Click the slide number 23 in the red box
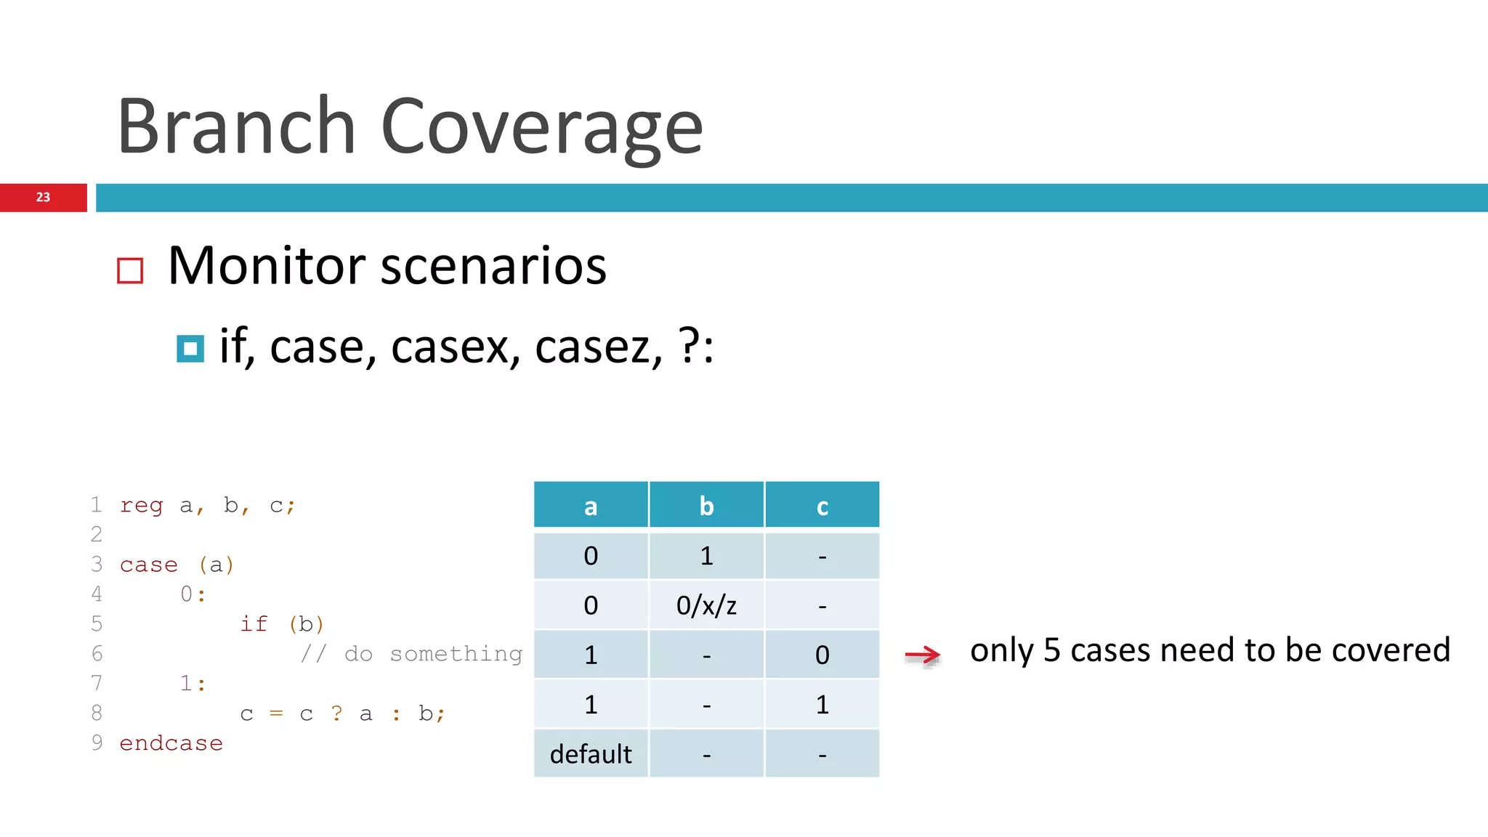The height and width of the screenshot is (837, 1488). (x=43, y=197)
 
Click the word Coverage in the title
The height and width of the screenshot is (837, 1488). (x=541, y=128)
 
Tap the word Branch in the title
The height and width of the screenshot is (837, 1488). (x=236, y=126)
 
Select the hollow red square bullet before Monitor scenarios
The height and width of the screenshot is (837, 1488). (x=130, y=270)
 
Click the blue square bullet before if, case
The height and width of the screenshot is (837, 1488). (x=190, y=349)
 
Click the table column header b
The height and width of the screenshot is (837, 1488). (x=706, y=506)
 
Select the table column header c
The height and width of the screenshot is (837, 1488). (x=822, y=506)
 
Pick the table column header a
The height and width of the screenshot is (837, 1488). (x=591, y=506)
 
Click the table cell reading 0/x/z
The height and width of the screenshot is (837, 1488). (x=706, y=604)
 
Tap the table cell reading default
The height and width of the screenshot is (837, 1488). (x=591, y=753)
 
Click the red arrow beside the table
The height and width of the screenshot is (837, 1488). (x=923, y=655)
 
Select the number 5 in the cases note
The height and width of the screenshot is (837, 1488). (x=1051, y=650)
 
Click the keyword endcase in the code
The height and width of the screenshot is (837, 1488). (x=171, y=743)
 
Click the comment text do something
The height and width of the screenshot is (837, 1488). (x=433, y=654)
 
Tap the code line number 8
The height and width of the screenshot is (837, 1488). (x=97, y=713)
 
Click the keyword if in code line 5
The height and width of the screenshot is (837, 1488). (x=254, y=624)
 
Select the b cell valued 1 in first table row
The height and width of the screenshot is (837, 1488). (x=706, y=556)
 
